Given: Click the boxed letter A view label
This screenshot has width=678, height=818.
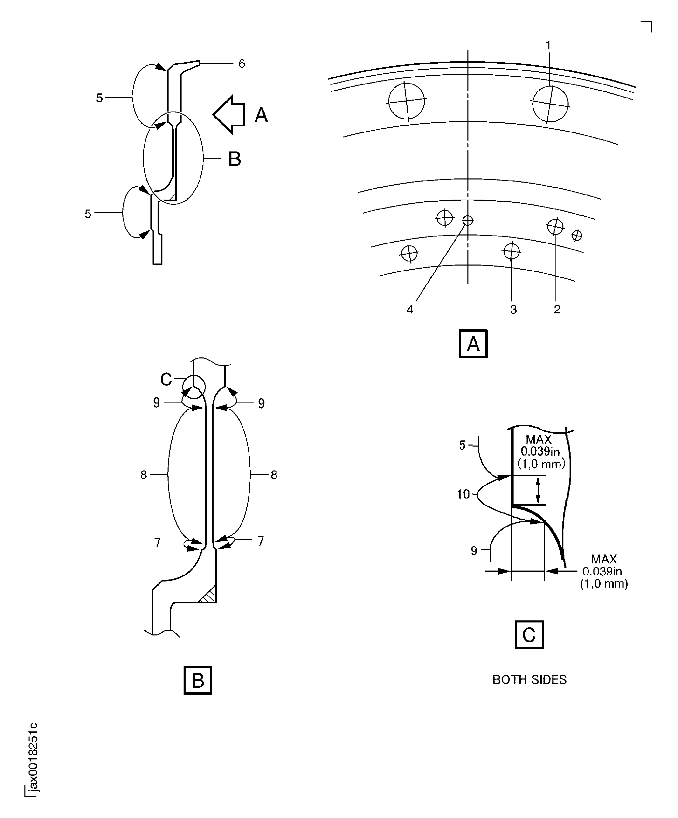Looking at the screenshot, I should (x=473, y=343).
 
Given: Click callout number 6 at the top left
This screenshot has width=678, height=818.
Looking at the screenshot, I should (x=241, y=63).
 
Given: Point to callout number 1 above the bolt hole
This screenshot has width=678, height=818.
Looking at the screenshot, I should (x=548, y=46).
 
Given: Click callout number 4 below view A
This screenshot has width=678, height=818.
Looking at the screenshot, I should (x=410, y=309).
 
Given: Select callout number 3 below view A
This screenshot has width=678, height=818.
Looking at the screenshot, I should (x=513, y=309).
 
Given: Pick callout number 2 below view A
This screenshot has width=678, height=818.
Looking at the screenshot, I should (x=557, y=309).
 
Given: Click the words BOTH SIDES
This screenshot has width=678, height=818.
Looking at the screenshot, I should (x=529, y=679).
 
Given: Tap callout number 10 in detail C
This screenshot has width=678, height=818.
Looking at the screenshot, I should (x=463, y=494).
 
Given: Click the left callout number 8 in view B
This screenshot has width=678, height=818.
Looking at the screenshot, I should (x=144, y=475).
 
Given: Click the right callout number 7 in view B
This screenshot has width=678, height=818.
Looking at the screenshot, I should (x=260, y=541).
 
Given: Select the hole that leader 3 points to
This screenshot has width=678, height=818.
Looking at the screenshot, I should (x=511, y=251).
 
